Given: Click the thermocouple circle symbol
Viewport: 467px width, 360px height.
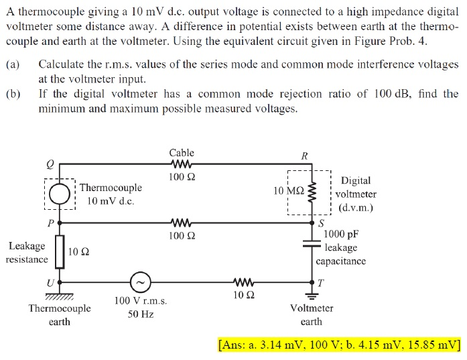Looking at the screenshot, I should click(x=60, y=193).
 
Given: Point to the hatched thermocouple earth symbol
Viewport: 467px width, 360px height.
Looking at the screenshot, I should click(x=60, y=294).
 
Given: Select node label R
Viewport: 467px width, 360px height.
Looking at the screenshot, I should click(x=305, y=156).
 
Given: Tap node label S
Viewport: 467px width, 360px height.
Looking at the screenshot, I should click(x=321, y=223).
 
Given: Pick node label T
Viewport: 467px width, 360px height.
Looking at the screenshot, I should click(x=320, y=282).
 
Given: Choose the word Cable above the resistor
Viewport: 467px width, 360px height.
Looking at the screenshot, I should click(x=182, y=153).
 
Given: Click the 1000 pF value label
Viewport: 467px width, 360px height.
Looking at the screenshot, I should click(x=341, y=235).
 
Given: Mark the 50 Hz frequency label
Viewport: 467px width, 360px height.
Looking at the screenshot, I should click(x=141, y=314).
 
